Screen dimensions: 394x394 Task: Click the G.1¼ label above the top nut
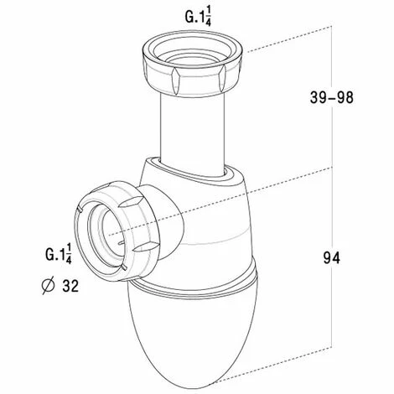pos(198,17)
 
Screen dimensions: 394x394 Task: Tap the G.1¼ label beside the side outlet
pos(59,254)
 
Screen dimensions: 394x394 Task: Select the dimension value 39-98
pos(332,97)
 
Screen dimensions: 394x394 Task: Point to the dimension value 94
pos(332,257)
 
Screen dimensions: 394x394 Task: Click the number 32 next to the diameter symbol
pos(70,286)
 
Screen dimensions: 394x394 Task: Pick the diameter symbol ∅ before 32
pos(48,286)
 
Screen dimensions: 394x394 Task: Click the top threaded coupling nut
pos(192,64)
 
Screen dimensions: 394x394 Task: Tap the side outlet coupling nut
pos(117,231)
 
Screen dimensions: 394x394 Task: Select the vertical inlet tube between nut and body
pos(192,134)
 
